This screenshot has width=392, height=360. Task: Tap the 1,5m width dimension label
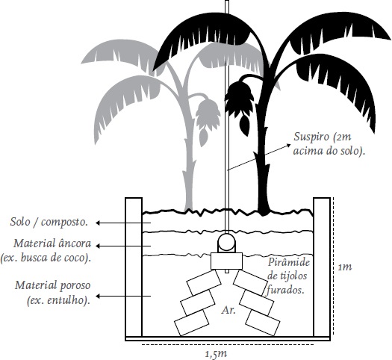pos(216,353)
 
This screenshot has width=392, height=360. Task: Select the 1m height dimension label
pos(345,267)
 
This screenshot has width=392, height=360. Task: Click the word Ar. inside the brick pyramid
pos(228,311)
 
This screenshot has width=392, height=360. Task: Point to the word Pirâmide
pos(289,262)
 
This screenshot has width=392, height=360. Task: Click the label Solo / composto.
pos(49,222)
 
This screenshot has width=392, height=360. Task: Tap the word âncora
pos(75,243)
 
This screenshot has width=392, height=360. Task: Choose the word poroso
pos(75,286)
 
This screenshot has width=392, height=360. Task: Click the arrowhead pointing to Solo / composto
pos(99,223)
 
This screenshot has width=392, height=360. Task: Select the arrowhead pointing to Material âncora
pos(99,246)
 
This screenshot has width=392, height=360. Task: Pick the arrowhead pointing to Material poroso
pos(99,297)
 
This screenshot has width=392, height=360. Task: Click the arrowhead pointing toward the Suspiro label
pos(288,145)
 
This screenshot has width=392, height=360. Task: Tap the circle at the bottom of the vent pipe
pos(226,243)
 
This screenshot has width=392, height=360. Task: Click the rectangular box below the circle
pos(226,261)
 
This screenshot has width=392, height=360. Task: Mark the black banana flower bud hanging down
pos(244,125)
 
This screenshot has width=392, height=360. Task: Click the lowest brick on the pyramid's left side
pos(192,323)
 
